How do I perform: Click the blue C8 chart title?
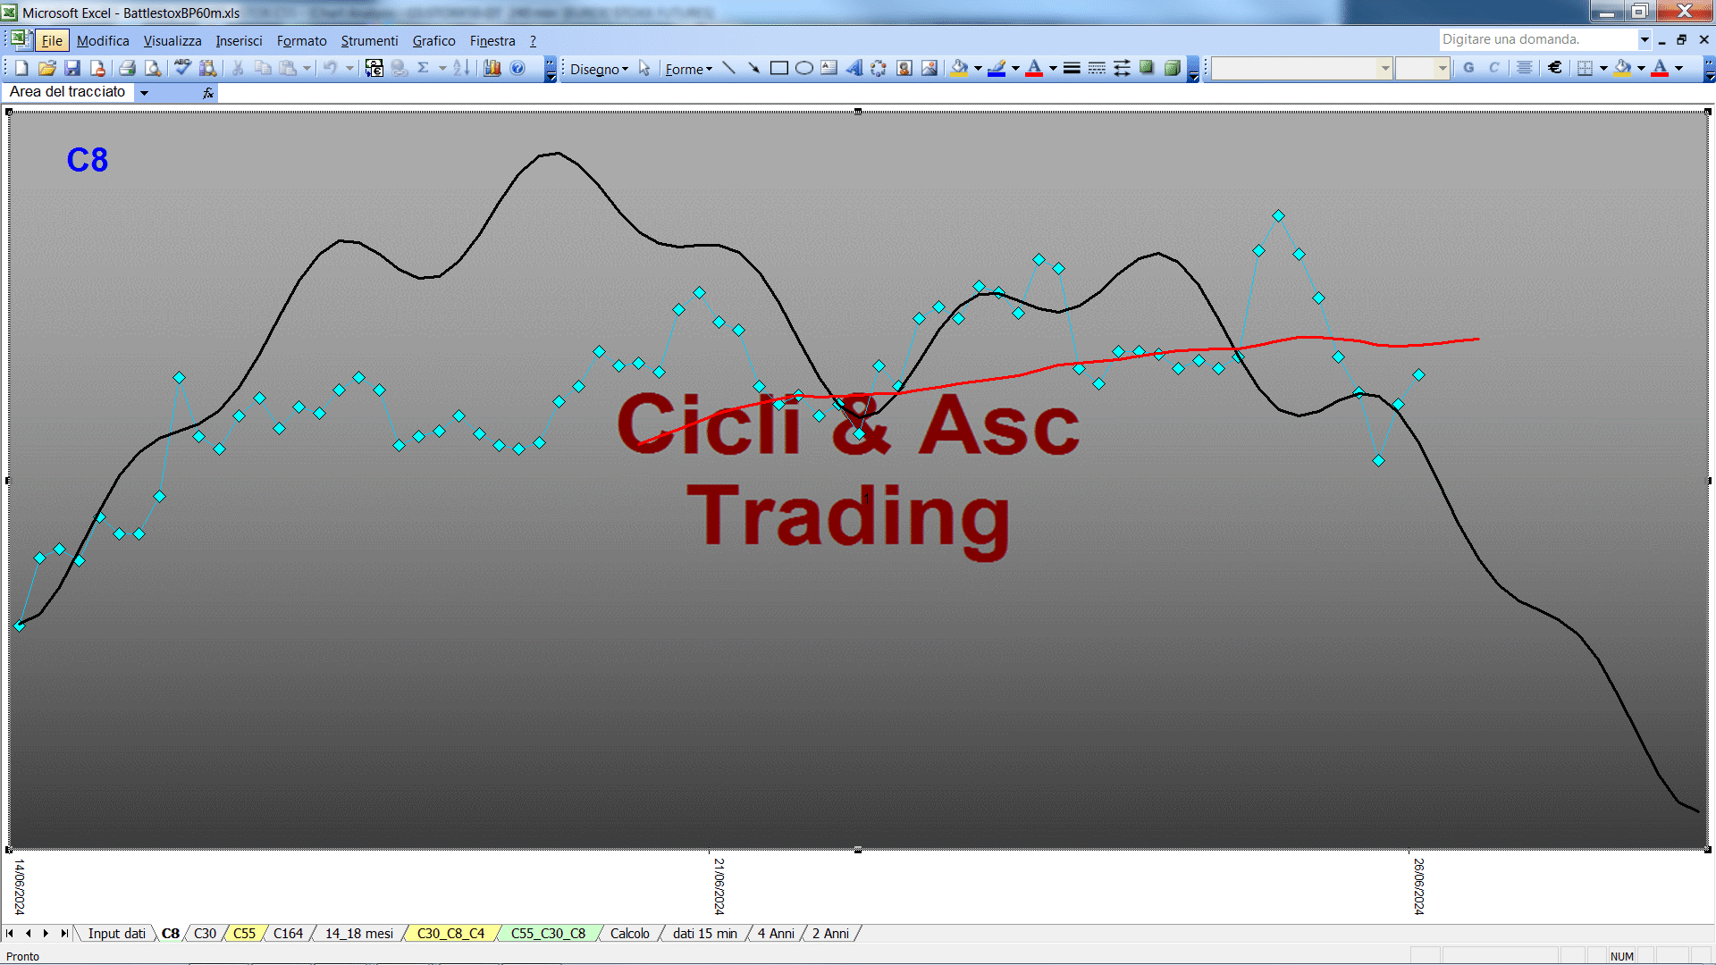point(88,160)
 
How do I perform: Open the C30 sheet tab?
point(205,934)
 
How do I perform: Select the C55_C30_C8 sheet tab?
point(548,934)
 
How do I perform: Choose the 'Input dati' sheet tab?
point(116,934)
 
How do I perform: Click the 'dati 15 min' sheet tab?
point(704,934)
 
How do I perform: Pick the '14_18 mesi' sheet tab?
point(358,934)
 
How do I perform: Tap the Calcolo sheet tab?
point(629,934)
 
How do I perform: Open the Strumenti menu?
point(369,41)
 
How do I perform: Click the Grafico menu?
point(433,41)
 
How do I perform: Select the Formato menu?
point(301,41)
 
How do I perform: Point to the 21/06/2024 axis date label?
point(719,886)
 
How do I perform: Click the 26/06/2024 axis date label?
point(1418,886)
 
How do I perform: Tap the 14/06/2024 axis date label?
point(20,886)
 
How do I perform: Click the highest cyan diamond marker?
point(1278,215)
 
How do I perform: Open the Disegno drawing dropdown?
point(599,69)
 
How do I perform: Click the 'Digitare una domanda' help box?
point(1537,39)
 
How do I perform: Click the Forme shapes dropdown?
point(688,69)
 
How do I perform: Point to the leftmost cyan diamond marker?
point(19,625)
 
